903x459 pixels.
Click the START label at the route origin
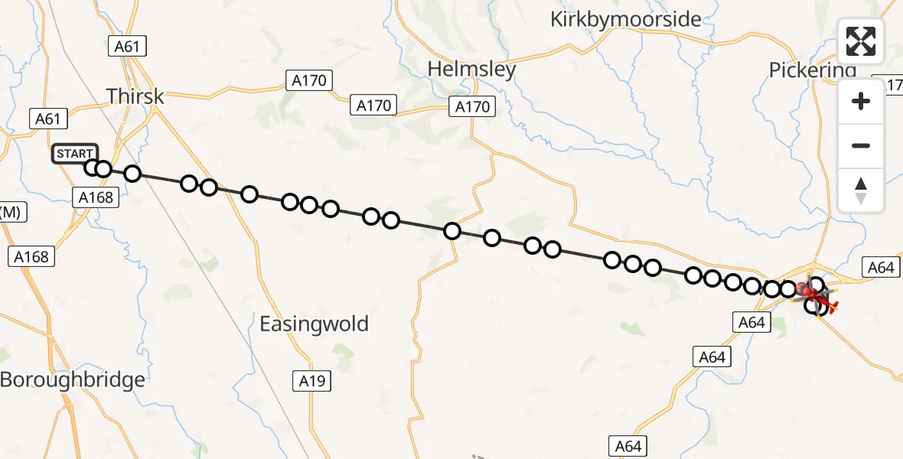tap(75, 154)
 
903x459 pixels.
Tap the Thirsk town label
tap(135, 96)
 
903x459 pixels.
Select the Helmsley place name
tap(471, 69)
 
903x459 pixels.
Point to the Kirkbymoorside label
tap(625, 19)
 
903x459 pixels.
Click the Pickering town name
tap(812, 71)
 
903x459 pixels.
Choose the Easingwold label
tap(314, 324)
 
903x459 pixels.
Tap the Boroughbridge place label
tap(72, 379)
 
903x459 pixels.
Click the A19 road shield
tap(314, 379)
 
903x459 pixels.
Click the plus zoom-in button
tap(861, 101)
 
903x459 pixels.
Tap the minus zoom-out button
tap(861, 145)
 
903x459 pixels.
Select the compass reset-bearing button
tap(861, 190)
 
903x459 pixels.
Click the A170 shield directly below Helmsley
tap(472, 107)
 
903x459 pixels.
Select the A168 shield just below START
tap(96, 198)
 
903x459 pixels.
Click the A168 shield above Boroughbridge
tap(32, 257)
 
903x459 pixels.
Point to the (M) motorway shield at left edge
tap(11, 213)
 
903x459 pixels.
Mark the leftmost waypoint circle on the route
tap(93, 168)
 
